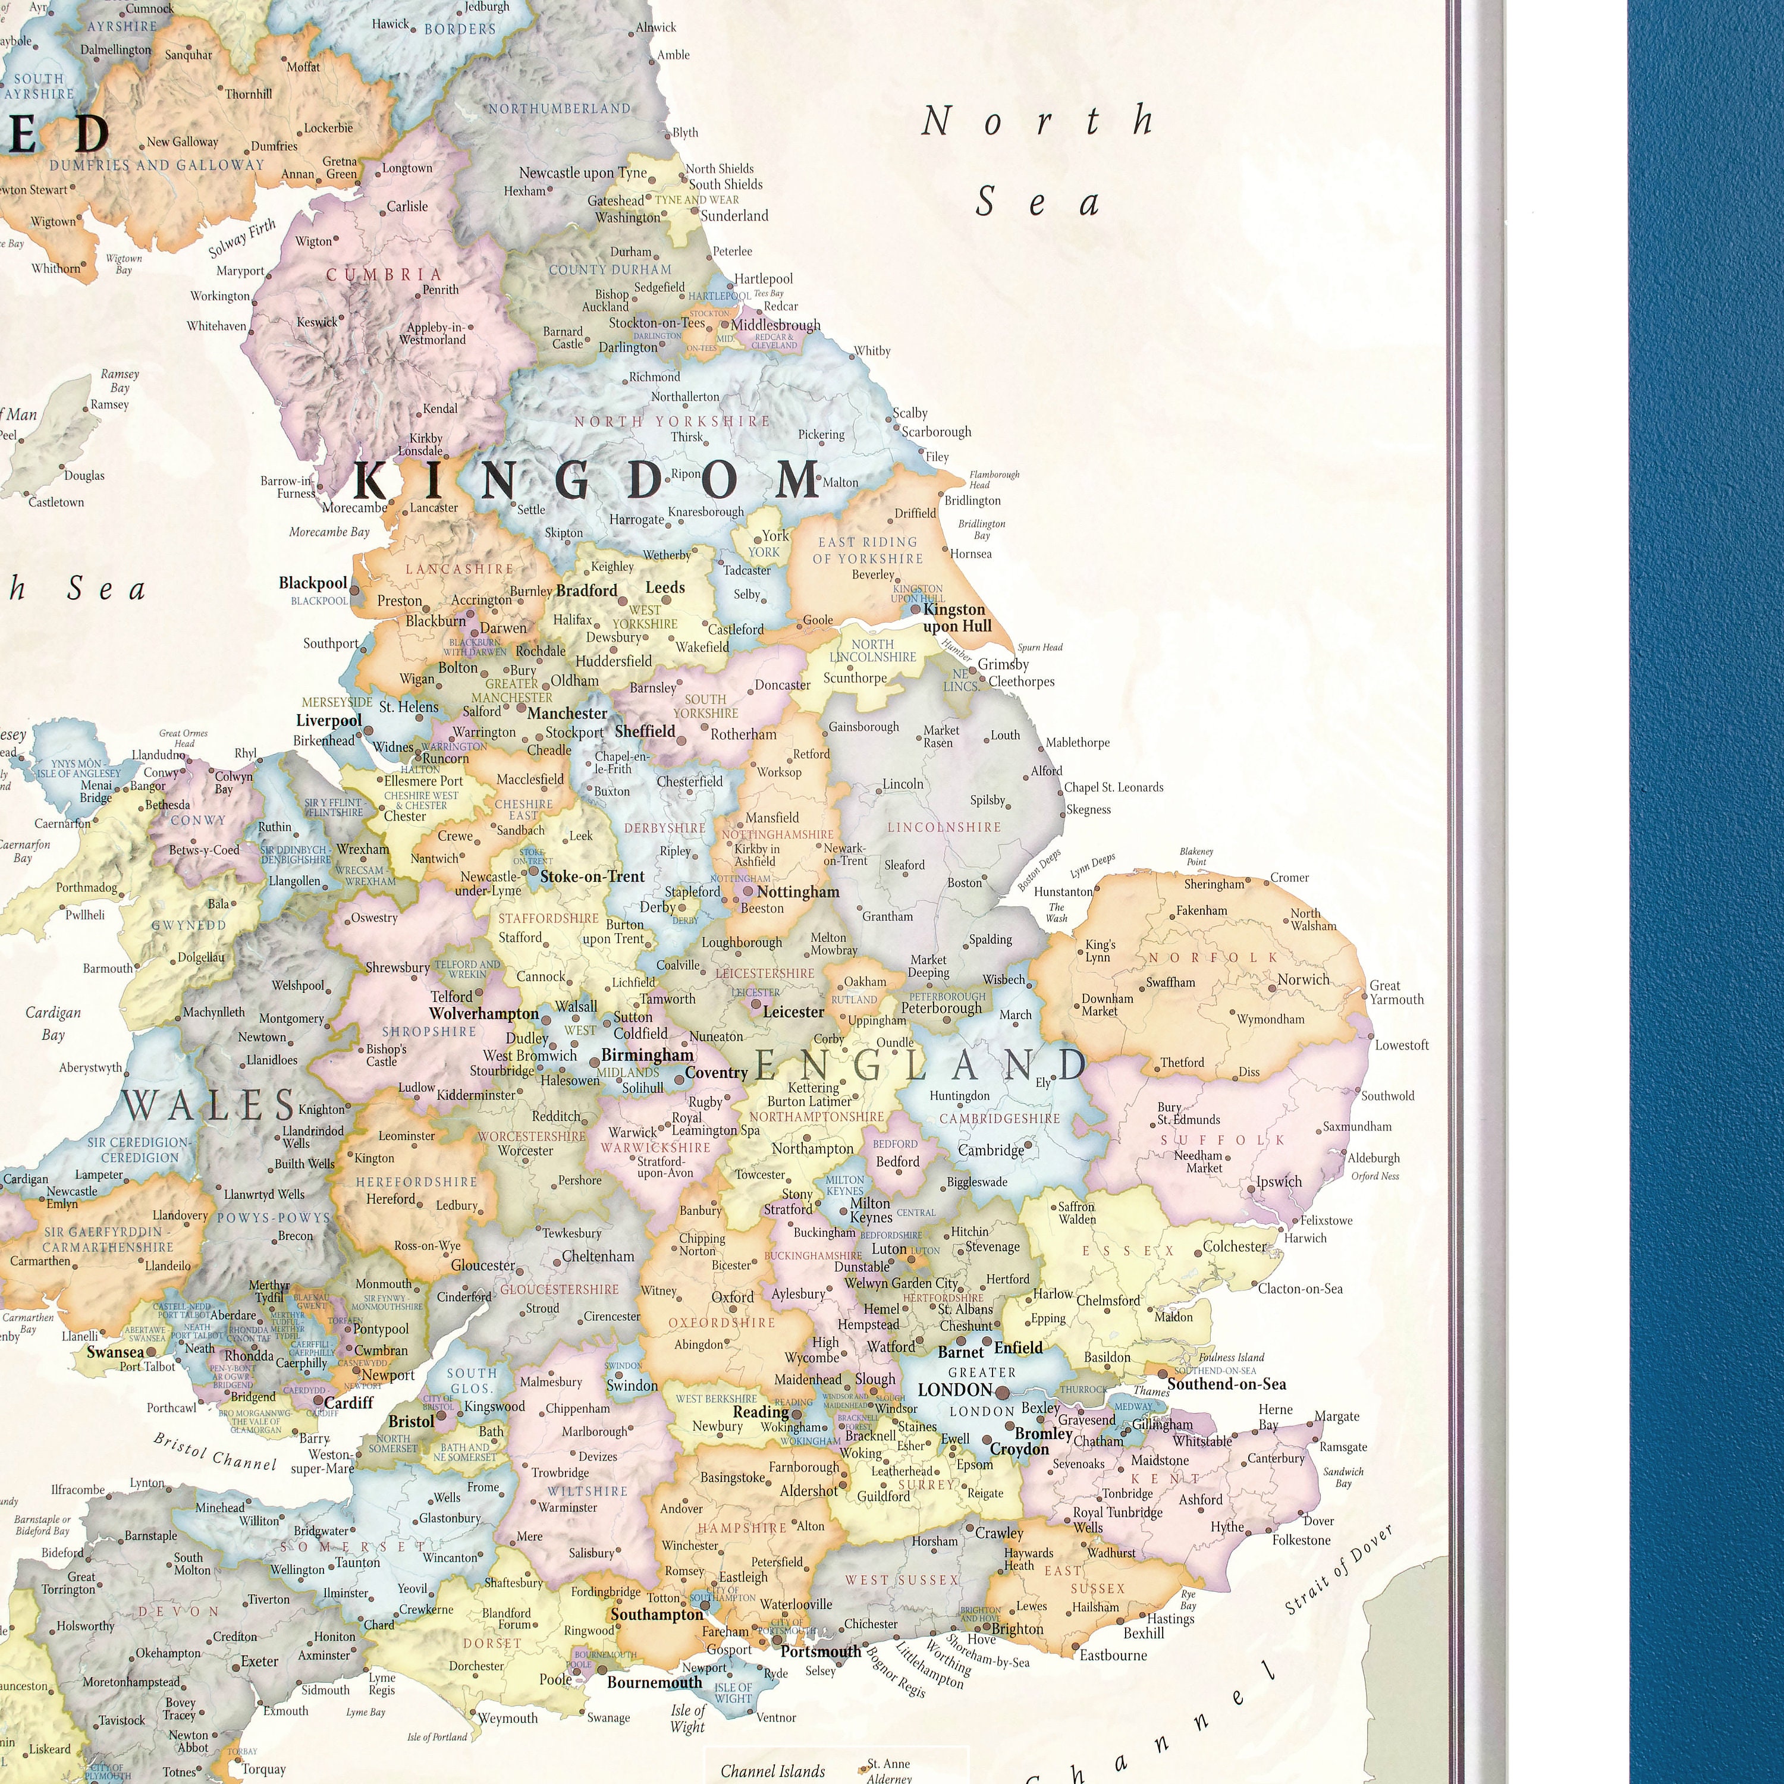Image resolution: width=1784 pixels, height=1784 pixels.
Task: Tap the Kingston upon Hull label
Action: (x=957, y=618)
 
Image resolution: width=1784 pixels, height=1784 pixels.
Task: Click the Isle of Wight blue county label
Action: (x=733, y=1692)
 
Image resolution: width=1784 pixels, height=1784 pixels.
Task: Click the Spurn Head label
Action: (x=1039, y=648)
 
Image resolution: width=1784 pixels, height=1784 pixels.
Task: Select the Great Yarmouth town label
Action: (x=1396, y=992)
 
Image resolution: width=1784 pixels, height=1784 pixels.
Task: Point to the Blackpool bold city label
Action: (x=313, y=583)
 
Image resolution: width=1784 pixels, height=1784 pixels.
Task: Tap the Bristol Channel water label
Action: (x=214, y=1452)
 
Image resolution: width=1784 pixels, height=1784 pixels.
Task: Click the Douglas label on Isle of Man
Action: (x=84, y=476)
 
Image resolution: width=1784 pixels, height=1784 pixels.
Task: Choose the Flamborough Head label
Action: (x=994, y=479)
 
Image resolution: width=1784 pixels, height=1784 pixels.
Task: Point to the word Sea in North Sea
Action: (x=1038, y=202)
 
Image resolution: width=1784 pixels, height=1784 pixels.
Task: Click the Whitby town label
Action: (x=872, y=351)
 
